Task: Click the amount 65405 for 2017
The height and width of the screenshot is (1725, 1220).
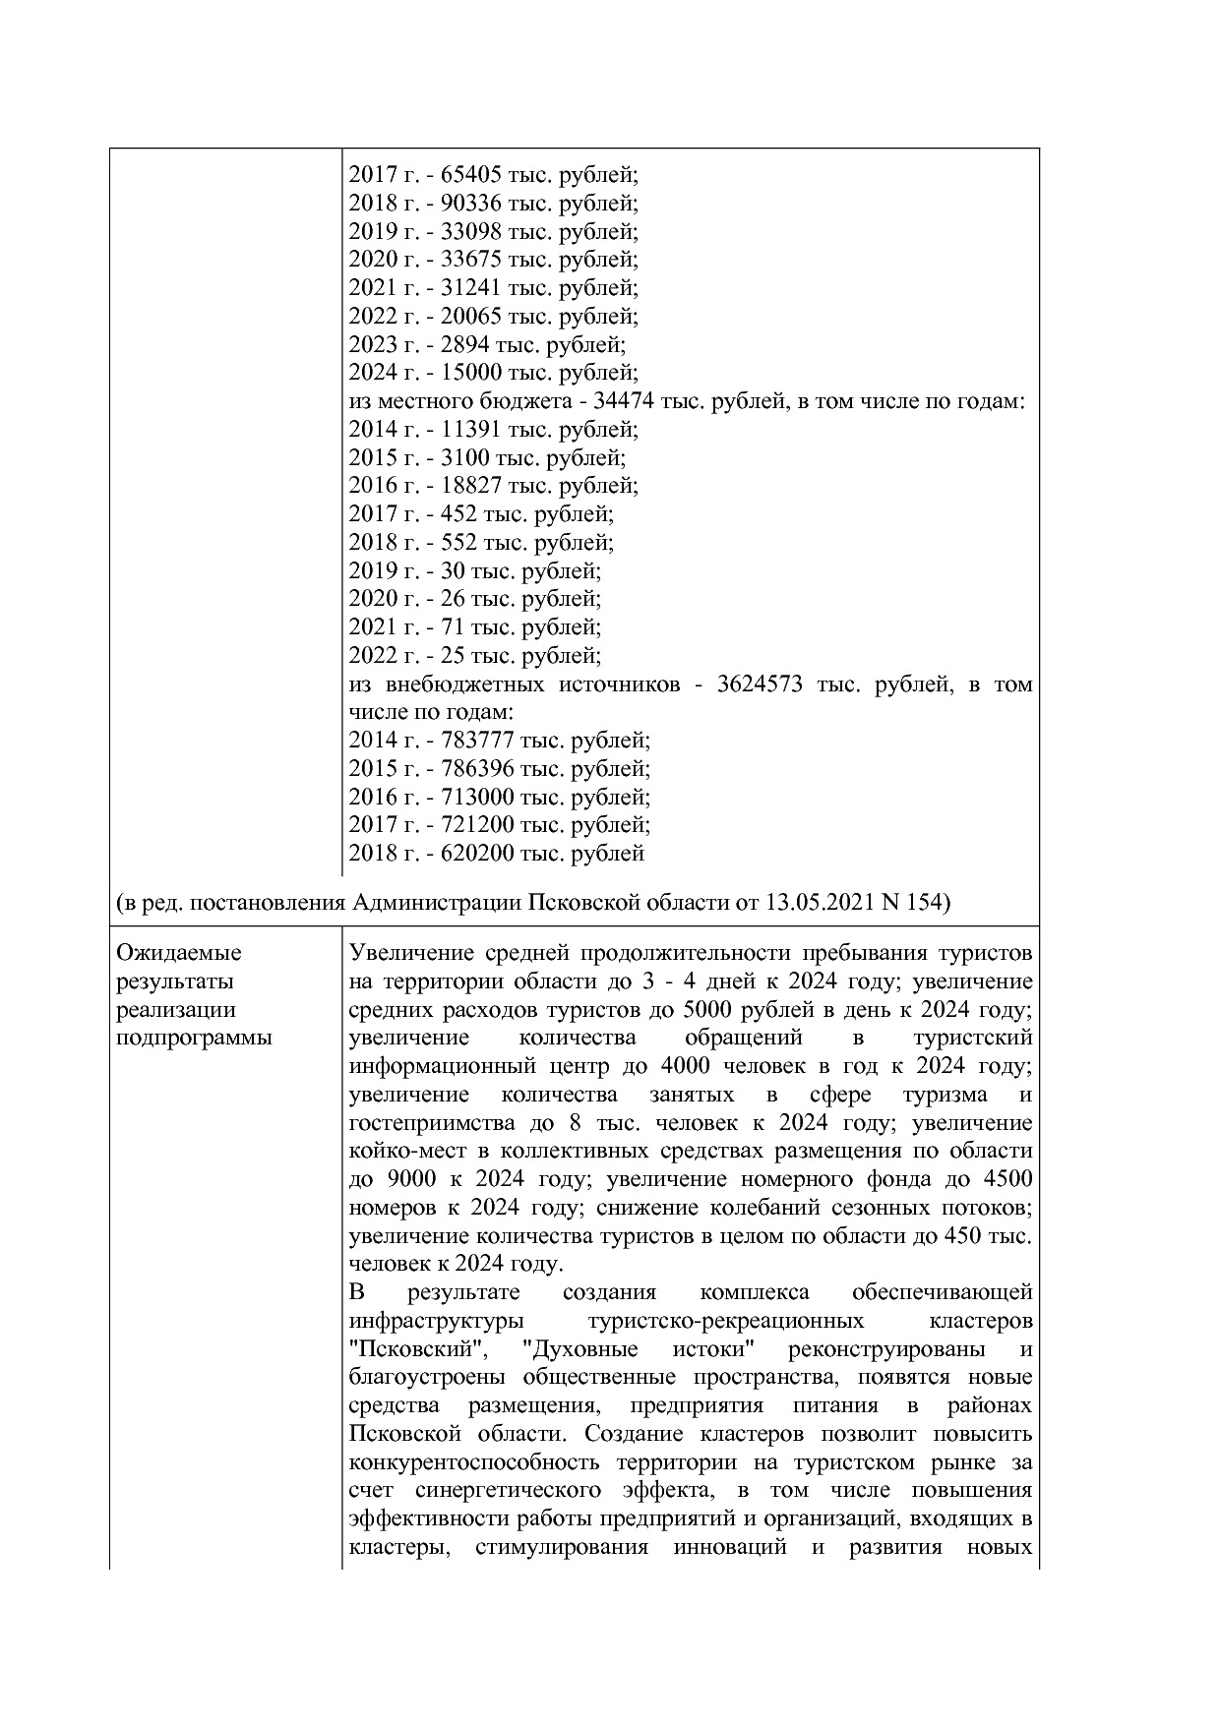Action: [x=471, y=176]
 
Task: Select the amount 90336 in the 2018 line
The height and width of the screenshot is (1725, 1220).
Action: [x=471, y=204]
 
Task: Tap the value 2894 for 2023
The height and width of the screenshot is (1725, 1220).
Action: [x=465, y=345]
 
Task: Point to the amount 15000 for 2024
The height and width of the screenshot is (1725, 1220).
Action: [x=471, y=373]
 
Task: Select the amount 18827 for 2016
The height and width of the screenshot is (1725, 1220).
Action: [x=471, y=486]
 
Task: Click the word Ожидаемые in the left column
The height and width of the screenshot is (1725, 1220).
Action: [x=179, y=953]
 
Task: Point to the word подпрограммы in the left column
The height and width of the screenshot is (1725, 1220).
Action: [x=194, y=1039]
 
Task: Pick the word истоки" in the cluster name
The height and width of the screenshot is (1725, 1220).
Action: [x=714, y=1349]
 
